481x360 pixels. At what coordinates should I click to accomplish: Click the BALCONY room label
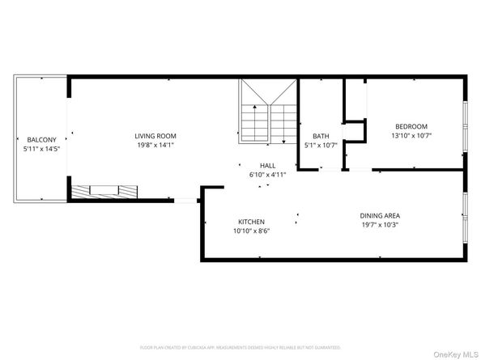click(x=40, y=138)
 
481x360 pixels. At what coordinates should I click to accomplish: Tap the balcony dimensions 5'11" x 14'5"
click(x=40, y=148)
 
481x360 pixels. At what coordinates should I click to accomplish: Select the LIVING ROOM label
click(x=155, y=136)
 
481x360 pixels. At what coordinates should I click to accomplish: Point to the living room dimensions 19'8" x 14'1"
click(x=155, y=146)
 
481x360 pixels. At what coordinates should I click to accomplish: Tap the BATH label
click(x=320, y=136)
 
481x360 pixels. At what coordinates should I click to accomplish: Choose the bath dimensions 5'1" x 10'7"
click(x=320, y=146)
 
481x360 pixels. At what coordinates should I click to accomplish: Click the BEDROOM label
click(x=411, y=126)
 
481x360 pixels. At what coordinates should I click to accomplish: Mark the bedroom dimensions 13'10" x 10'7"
click(x=411, y=136)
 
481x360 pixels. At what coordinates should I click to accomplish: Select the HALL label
click(x=257, y=164)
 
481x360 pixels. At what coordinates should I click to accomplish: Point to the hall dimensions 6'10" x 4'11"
click(x=257, y=174)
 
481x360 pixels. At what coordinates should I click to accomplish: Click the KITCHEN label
click(x=251, y=222)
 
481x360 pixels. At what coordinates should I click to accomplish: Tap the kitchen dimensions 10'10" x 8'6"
click(x=251, y=231)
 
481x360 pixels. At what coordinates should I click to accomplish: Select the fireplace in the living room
click(x=104, y=192)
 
